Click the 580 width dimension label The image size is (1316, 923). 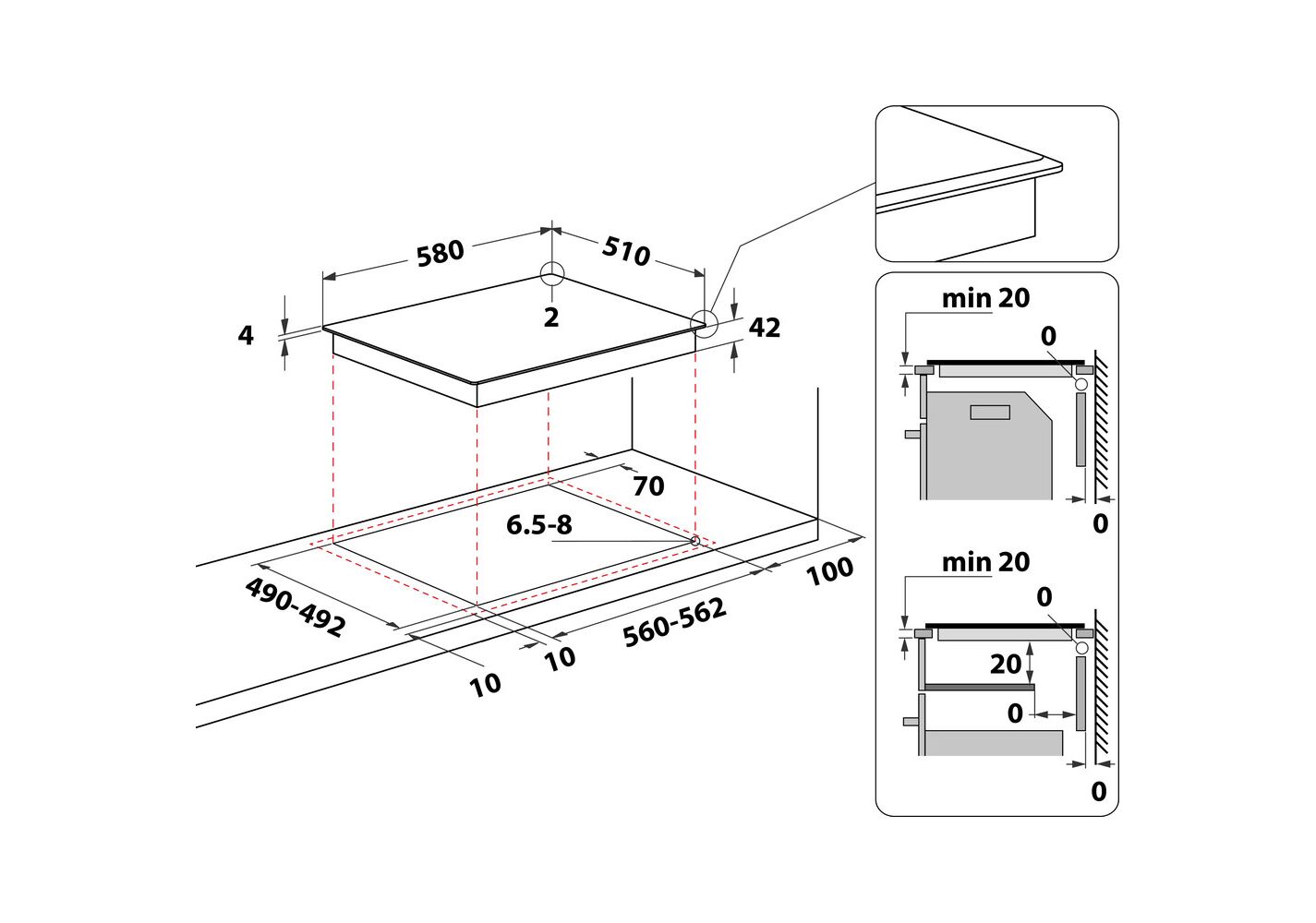(440, 253)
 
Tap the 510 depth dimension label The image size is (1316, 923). (627, 250)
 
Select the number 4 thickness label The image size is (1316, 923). (246, 335)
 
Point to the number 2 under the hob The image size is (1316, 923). (551, 318)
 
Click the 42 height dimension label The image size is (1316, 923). (765, 328)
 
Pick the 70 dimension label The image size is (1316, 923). (648, 486)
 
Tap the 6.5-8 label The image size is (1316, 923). (539, 525)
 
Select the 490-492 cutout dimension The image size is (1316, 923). (296, 607)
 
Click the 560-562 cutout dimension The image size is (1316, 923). (674, 623)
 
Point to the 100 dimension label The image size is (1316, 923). (829, 571)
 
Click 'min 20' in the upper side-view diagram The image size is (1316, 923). (985, 298)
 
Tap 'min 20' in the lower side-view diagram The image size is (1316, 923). (985, 562)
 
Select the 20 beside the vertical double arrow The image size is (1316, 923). (1006, 664)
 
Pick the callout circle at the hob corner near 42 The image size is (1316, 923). (705, 322)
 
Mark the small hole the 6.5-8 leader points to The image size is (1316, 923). (694, 540)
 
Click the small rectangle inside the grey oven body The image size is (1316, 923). (990, 412)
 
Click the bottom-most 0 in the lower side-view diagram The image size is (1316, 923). (1098, 792)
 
